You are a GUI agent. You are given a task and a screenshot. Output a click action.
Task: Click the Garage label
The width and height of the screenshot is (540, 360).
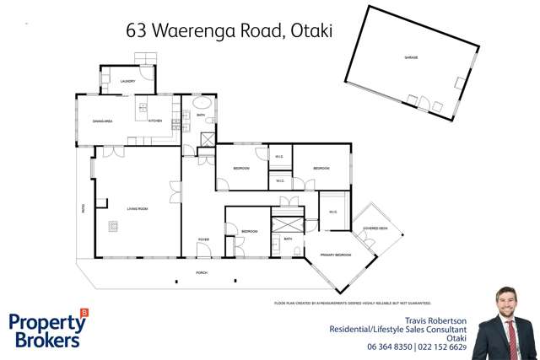(411, 57)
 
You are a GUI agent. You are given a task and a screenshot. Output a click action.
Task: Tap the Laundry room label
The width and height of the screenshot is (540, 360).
(127, 81)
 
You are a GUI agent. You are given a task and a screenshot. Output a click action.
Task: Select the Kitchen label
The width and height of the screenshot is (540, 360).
(154, 121)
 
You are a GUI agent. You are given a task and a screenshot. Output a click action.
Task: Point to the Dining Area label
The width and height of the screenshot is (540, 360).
(103, 121)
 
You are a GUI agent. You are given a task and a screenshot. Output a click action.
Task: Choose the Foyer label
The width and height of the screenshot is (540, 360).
(203, 239)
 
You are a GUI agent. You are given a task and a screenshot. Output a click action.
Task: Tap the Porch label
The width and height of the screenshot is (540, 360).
(202, 273)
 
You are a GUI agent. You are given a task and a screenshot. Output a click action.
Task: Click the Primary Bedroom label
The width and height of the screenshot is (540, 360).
(335, 255)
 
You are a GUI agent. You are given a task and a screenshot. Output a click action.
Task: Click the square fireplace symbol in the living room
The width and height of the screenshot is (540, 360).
(113, 225)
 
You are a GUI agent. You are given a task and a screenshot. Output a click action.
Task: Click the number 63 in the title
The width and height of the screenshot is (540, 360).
(136, 31)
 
